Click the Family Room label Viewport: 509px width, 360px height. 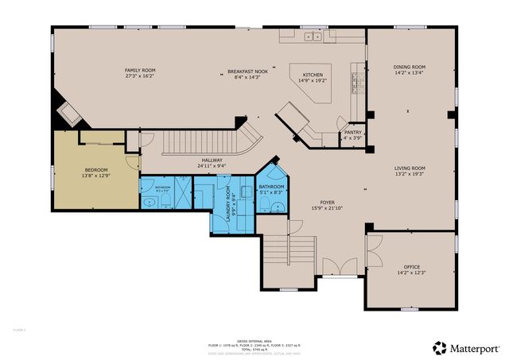tap(139, 70)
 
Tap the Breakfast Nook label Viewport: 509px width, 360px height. tap(247, 71)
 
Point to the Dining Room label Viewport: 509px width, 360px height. tap(410, 67)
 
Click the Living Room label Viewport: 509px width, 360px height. tap(410, 168)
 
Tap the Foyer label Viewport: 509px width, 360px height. tap(326, 203)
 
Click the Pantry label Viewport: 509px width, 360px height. tap(352, 133)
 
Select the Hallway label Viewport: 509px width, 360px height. tap(212, 160)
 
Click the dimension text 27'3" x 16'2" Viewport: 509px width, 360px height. tap(139, 76)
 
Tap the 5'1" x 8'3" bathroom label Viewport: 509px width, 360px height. tap(272, 189)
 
